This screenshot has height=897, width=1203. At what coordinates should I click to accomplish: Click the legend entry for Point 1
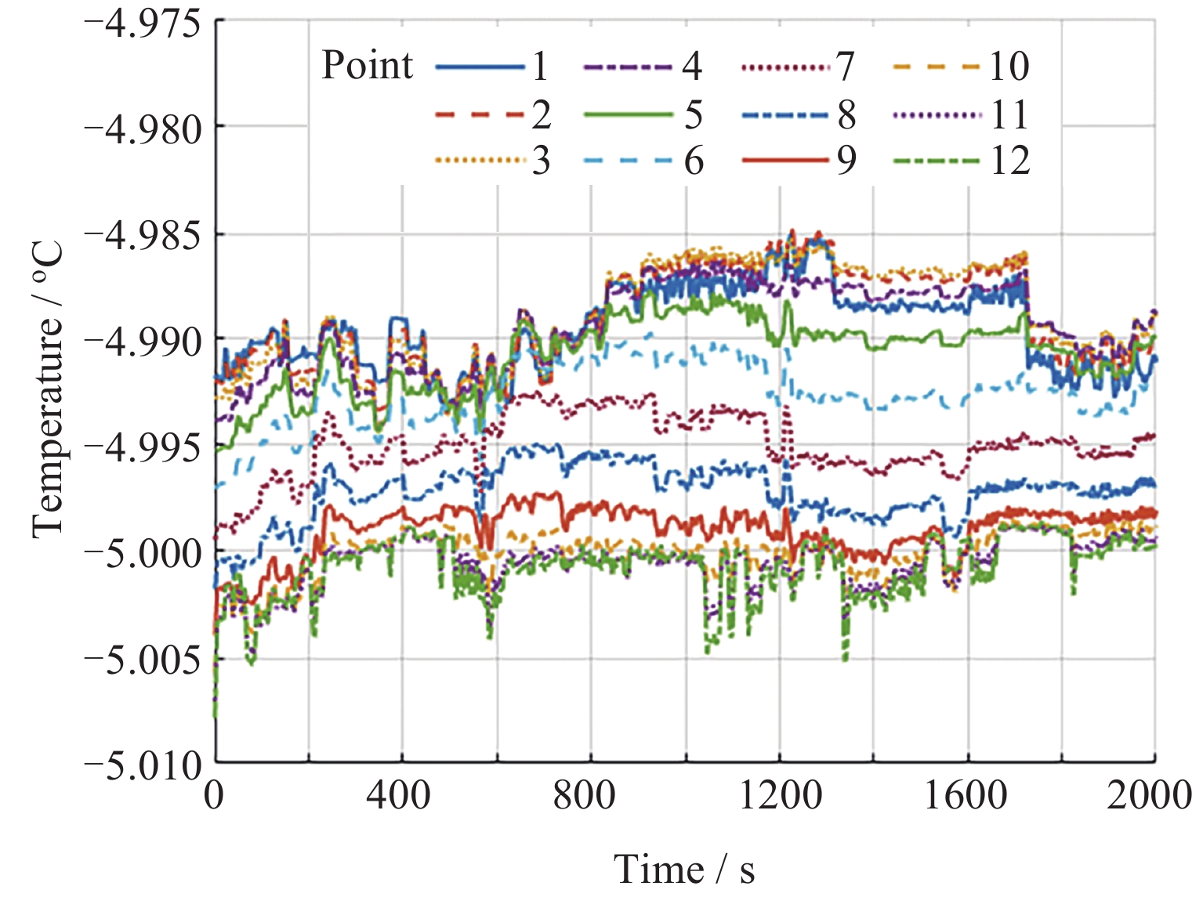pyautogui.click(x=491, y=67)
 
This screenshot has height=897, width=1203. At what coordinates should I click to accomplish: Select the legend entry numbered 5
pyautogui.click(x=643, y=114)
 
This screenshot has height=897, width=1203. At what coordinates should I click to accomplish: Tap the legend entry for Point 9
pyautogui.click(x=799, y=161)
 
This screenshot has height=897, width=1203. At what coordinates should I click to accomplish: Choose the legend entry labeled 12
pyautogui.click(x=961, y=161)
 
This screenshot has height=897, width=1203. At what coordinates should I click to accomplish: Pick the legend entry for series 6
pyautogui.click(x=643, y=161)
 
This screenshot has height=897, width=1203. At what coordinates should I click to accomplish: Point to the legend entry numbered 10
pyautogui.click(x=961, y=67)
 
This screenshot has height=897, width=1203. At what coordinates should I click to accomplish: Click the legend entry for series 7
pyautogui.click(x=799, y=67)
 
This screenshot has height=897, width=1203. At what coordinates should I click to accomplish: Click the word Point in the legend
pyautogui.click(x=367, y=65)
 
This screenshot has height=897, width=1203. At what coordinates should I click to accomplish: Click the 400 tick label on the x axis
pyautogui.click(x=399, y=796)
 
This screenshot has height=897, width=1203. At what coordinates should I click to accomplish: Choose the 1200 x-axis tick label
pyautogui.click(x=781, y=796)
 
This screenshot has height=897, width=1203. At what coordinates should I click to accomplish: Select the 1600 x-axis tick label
pyautogui.click(x=966, y=796)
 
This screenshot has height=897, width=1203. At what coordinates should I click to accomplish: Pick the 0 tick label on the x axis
pyautogui.click(x=214, y=796)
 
